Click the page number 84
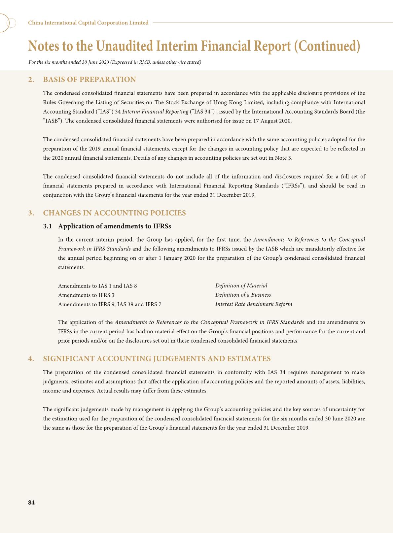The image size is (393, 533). [x=31, y=503]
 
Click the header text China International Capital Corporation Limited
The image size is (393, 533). [x=88, y=23]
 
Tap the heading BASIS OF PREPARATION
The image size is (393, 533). [x=89, y=80]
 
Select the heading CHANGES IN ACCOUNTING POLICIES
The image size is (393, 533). [x=114, y=213]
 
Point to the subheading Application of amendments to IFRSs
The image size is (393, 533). [x=114, y=226]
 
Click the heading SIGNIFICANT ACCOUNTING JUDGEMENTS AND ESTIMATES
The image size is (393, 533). [x=157, y=359]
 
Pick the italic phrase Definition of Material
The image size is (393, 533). [x=241, y=285]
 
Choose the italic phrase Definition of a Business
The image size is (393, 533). [x=243, y=295]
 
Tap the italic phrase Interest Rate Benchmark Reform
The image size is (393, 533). [x=254, y=304]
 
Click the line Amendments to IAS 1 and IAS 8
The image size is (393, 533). [x=97, y=286]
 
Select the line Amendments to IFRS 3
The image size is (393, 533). [x=86, y=295]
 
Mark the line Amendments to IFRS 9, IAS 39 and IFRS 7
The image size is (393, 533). [x=110, y=304]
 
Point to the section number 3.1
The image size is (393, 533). [x=48, y=226]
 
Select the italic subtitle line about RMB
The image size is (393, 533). [x=115, y=62]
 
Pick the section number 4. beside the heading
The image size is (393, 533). [x=31, y=359]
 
